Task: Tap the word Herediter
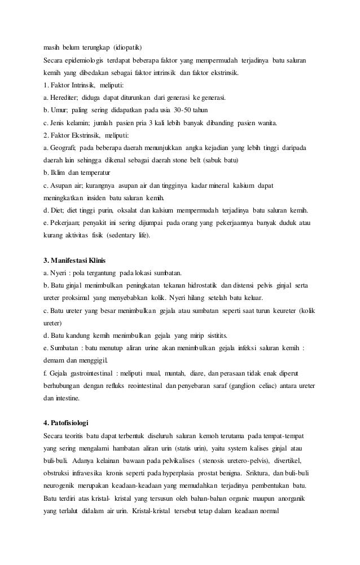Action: point(67,98)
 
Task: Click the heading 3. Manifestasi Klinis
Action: point(74,261)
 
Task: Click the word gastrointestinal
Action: point(86,373)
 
